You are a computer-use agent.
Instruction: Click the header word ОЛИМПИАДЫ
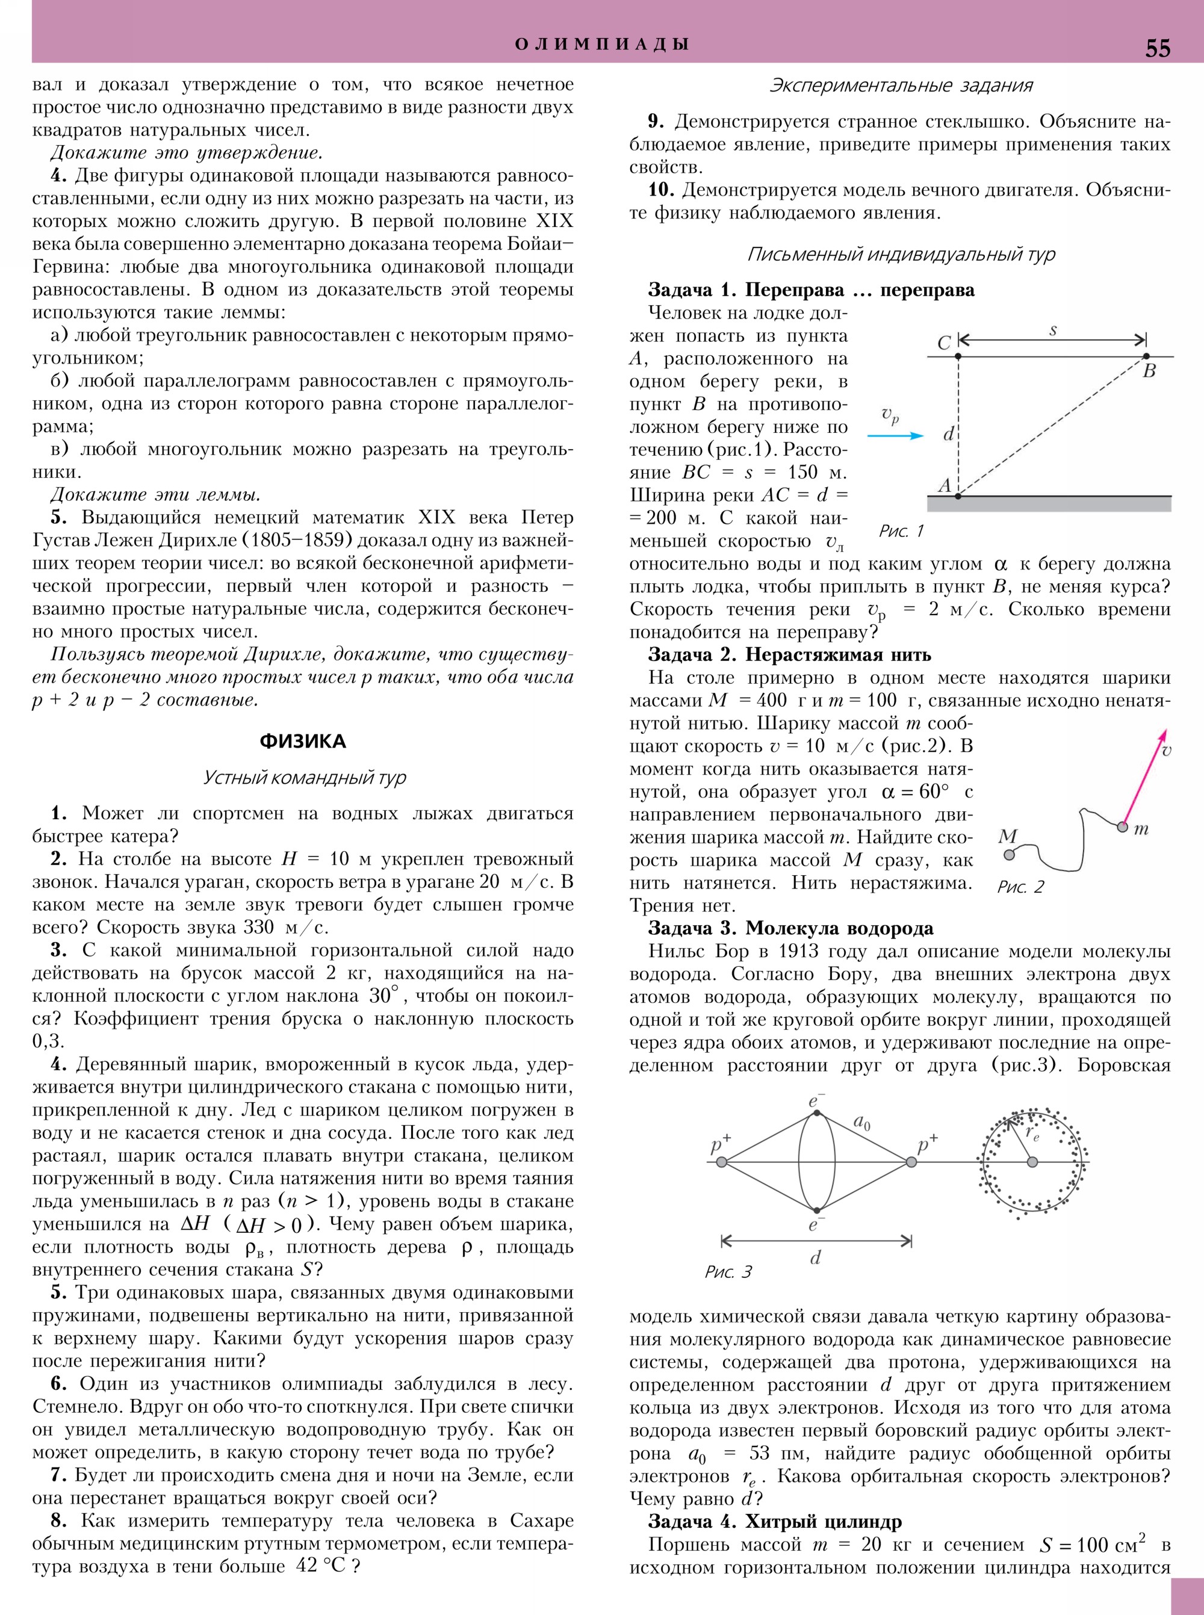(602, 45)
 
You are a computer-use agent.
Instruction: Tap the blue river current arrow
(895, 436)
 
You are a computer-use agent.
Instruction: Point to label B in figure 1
(1149, 371)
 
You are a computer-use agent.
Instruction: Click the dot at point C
(958, 356)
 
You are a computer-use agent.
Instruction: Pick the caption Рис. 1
(901, 530)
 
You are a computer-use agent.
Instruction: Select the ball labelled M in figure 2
(1010, 855)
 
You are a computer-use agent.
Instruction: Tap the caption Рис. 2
(1020, 887)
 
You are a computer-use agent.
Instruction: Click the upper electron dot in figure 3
(817, 1114)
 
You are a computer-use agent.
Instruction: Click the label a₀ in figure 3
(861, 1123)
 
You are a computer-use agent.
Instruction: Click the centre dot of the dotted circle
(1032, 1162)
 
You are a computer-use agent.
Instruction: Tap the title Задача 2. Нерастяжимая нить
(790, 654)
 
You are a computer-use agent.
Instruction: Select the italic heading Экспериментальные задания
(901, 85)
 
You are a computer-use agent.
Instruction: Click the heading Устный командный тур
(304, 778)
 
